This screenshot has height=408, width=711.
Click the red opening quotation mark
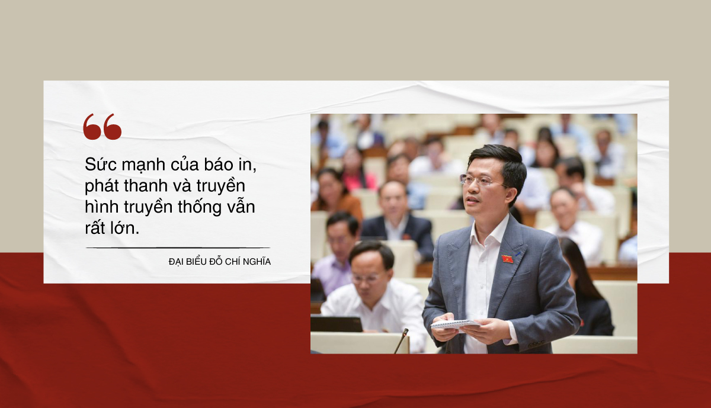pos(102,127)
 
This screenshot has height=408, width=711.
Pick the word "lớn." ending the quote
pos(124,228)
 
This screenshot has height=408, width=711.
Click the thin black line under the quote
pos(178,248)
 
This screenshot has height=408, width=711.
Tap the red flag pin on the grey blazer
pos(507,259)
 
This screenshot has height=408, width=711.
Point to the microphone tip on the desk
pos(405,332)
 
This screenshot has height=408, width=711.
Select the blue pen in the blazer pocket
pos(518,254)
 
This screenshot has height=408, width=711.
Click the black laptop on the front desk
pos(336,324)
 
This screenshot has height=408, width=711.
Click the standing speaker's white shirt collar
pos(491,231)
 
